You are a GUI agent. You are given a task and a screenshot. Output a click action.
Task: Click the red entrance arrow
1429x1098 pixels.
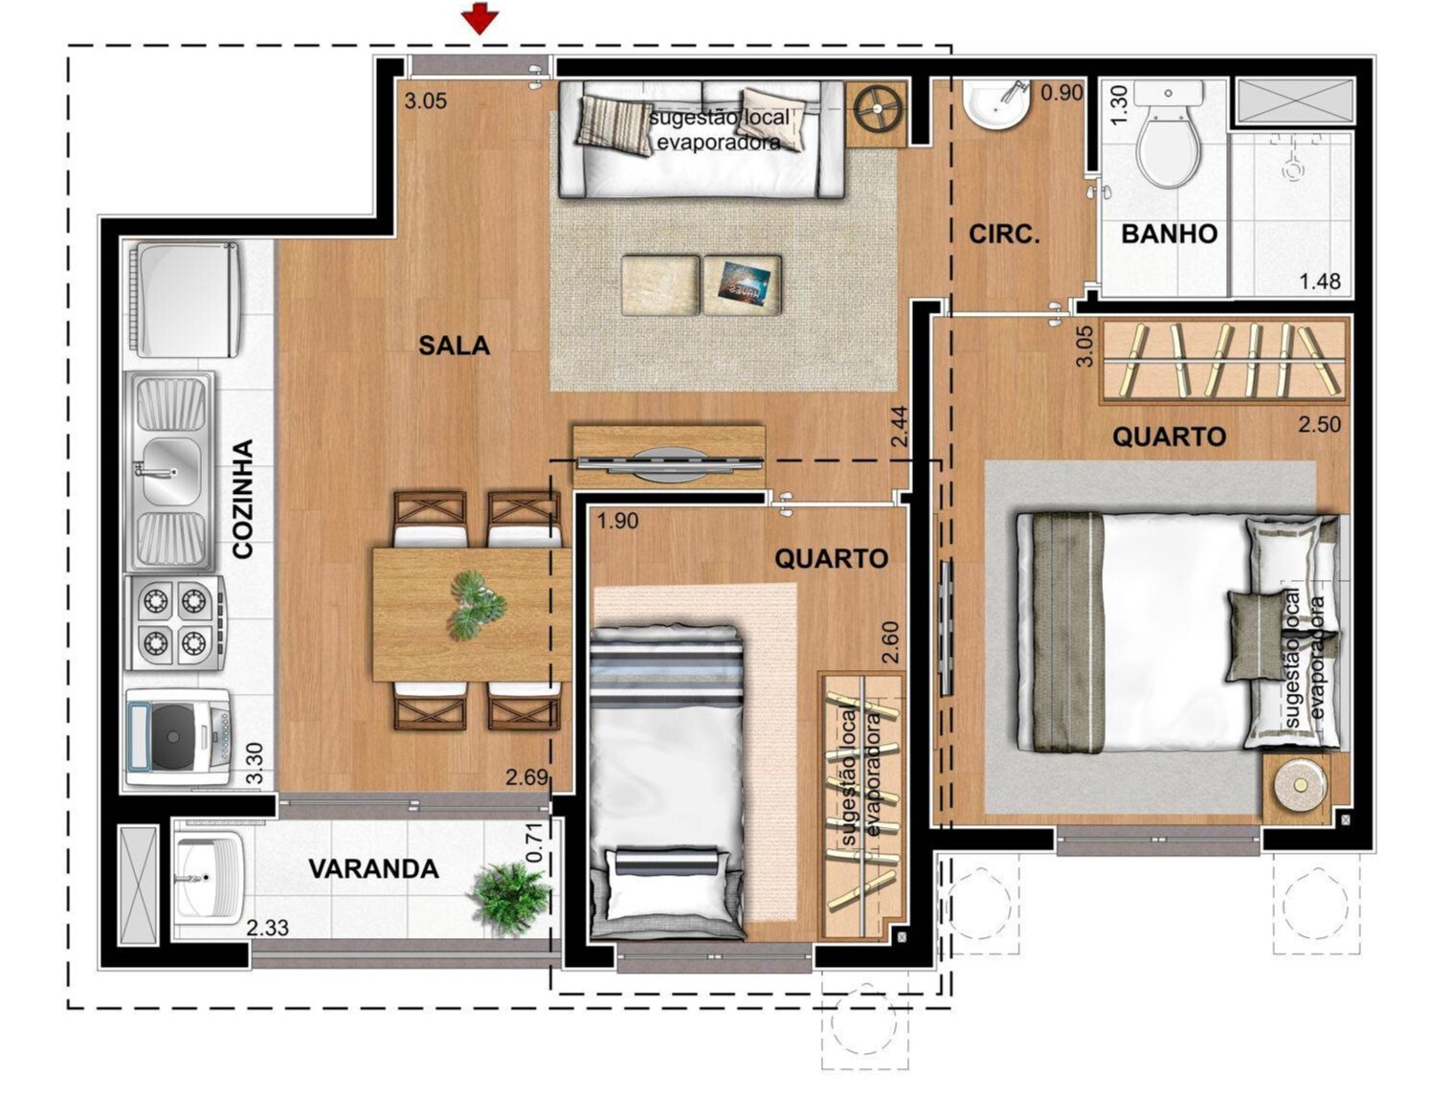point(480,18)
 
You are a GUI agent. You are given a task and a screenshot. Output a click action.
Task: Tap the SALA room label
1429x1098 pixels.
point(454,346)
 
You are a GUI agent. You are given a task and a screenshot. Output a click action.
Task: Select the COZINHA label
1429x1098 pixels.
point(243,499)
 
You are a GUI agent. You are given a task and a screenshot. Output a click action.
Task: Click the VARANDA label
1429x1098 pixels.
point(373,869)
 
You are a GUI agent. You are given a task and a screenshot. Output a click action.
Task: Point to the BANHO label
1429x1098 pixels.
point(1169,234)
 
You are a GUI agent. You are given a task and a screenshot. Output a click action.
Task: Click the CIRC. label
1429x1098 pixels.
point(1004,234)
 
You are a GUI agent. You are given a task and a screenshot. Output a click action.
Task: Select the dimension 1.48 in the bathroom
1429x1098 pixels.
point(1319,281)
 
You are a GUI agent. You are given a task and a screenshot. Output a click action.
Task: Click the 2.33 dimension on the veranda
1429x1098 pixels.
point(268,928)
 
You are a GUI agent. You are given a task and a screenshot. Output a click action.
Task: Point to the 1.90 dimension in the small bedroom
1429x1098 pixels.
point(617,522)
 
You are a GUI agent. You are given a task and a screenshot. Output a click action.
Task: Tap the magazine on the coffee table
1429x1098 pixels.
point(744,283)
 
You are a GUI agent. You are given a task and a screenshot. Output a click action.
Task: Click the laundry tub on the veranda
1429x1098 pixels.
point(208,878)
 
